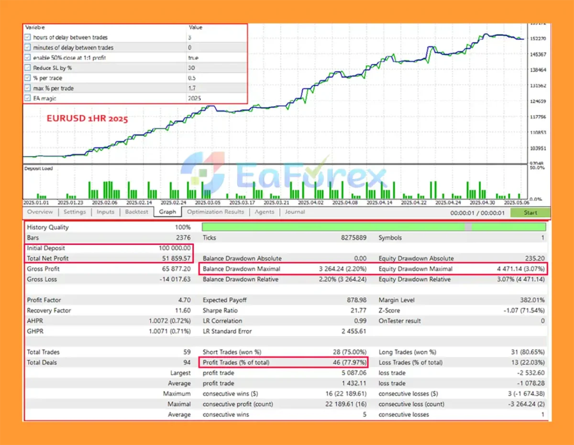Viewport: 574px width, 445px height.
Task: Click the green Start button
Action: (530, 212)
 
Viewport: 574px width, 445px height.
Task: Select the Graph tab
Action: (167, 212)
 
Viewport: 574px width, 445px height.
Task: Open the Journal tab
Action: (295, 212)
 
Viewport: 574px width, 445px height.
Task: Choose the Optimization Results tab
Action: (215, 212)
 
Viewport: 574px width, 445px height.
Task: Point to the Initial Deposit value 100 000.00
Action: (175, 248)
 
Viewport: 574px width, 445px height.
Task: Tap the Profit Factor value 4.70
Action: (184, 300)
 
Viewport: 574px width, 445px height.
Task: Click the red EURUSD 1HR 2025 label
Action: (87, 119)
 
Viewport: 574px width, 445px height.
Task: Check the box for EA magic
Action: (27, 99)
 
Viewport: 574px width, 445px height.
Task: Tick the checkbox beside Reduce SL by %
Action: (27, 68)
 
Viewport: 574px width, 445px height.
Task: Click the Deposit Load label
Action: (38, 168)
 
